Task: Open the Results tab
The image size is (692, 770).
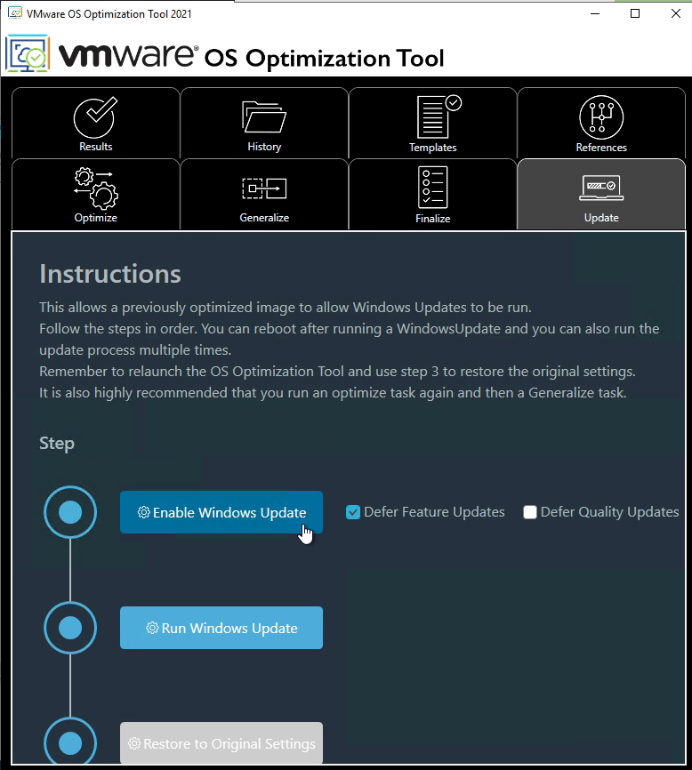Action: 96,124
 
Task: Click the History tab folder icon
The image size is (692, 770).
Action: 264,116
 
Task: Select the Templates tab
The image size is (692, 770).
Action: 432,124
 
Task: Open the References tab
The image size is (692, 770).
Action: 601,124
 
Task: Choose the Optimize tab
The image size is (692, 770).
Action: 96,194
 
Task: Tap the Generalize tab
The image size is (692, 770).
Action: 264,194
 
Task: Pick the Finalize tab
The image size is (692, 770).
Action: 432,194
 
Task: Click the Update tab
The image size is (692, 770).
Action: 601,194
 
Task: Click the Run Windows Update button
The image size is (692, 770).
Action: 221,628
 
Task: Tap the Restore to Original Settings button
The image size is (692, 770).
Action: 221,742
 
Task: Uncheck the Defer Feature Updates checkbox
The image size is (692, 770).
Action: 352,512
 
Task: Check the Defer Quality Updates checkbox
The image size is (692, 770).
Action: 530,512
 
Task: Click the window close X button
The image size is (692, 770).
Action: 676,13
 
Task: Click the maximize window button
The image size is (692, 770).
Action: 635,13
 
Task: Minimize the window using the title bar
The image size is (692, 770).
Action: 595,13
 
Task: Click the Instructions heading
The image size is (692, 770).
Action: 110,274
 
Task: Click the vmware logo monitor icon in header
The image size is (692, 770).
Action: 28,53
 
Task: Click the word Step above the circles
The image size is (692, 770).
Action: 57,444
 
